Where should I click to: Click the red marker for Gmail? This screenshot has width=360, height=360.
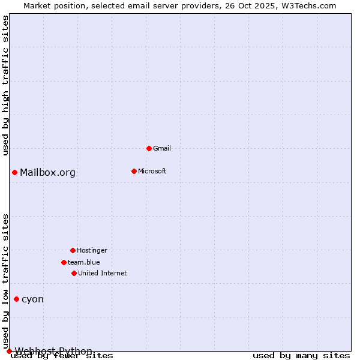click(149, 148)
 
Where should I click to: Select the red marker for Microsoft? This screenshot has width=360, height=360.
click(134, 171)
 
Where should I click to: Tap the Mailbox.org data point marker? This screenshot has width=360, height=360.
click(14, 173)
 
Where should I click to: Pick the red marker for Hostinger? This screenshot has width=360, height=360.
click(73, 250)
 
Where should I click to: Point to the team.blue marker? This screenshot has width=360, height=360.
click(64, 262)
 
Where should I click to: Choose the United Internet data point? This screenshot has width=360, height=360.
click(74, 273)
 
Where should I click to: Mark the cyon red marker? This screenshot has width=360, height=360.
click(16, 299)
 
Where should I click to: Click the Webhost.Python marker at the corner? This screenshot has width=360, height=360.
click(9, 351)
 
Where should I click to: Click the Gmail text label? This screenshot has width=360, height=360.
click(162, 148)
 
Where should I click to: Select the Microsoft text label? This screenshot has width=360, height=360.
click(152, 171)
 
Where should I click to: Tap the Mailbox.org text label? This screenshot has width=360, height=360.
click(48, 173)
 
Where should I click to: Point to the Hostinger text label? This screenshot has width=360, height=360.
click(92, 250)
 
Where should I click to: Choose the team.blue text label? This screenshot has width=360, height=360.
click(84, 262)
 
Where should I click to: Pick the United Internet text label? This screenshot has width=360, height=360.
click(103, 273)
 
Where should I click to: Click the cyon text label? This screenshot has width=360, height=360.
click(32, 299)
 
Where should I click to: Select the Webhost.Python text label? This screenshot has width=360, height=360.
click(53, 351)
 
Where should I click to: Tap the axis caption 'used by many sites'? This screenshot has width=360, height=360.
click(301, 355)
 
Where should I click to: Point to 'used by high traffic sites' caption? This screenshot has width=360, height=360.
click(5, 85)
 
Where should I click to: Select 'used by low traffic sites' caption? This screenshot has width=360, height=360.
click(5, 281)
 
